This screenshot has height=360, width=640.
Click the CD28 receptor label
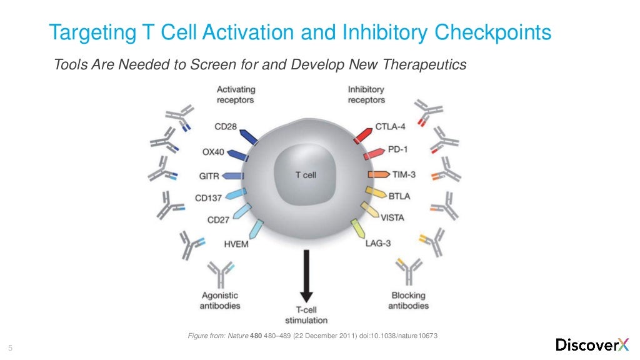click(x=225, y=127)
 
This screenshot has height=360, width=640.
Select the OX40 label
click(x=214, y=152)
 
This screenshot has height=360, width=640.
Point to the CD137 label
click(x=208, y=199)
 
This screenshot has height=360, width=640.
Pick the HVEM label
click(x=236, y=244)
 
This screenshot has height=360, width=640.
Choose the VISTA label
click(x=392, y=218)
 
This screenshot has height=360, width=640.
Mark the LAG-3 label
click(x=378, y=243)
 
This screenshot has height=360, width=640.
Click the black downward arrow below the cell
click(x=306, y=275)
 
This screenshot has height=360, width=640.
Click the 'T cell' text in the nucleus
click(x=306, y=176)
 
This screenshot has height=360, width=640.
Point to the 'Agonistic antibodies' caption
click(x=219, y=301)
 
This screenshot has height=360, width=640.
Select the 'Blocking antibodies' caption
click(x=408, y=301)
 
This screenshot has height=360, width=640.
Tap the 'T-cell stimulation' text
click(x=306, y=315)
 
